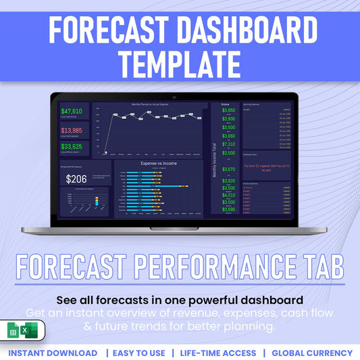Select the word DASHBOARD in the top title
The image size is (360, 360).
245,30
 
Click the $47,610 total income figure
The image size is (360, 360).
72,111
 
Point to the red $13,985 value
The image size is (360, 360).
72,130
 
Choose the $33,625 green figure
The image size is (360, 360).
72,147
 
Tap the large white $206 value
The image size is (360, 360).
76,179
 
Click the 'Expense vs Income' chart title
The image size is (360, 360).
159,163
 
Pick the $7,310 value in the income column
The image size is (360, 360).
229,144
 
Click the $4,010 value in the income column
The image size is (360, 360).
229,195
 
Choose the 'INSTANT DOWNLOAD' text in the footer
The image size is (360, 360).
53,353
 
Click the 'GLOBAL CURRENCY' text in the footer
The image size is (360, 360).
312,353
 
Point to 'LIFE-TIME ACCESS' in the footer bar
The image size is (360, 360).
217,353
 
